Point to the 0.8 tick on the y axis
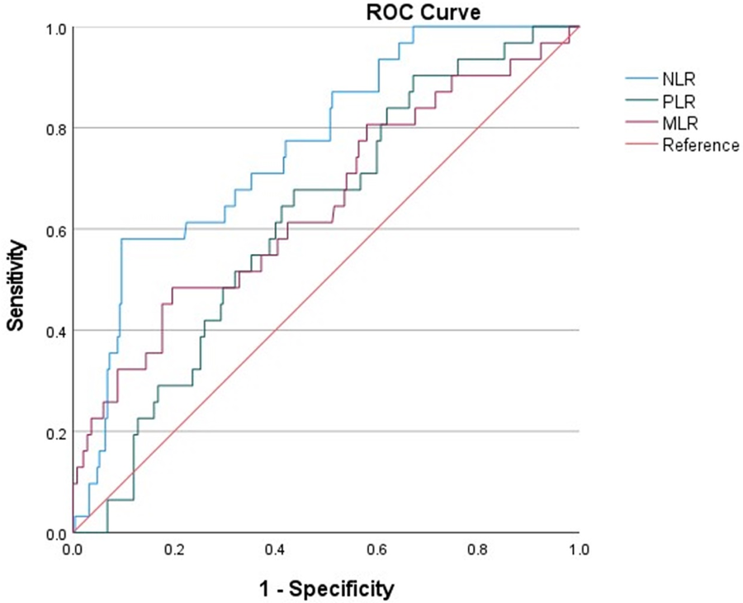[x=55, y=128]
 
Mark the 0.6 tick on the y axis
[x=55, y=229]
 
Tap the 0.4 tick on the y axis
[x=55, y=331]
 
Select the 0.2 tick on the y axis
[x=55, y=432]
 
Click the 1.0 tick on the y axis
[x=55, y=27]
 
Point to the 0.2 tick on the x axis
[x=174, y=549]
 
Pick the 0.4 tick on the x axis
[x=276, y=549]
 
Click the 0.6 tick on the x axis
[x=376, y=549]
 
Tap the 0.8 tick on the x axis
[x=478, y=549]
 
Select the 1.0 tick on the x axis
[x=579, y=549]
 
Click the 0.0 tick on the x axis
[x=73, y=549]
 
